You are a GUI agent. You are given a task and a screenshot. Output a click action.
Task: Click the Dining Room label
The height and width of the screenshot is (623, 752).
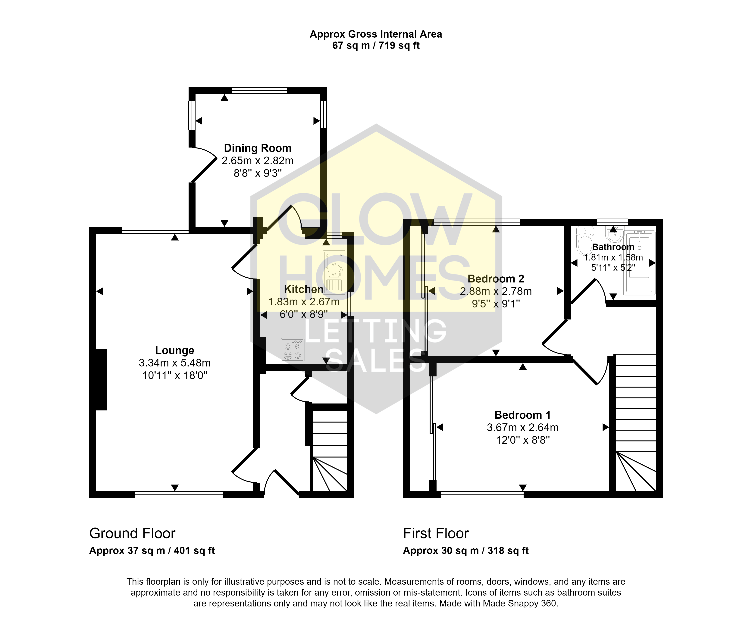[258, 148]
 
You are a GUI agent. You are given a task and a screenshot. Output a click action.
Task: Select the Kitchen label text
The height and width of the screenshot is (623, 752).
[304, 289]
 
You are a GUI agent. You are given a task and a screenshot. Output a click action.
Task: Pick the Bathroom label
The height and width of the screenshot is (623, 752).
[613, 247]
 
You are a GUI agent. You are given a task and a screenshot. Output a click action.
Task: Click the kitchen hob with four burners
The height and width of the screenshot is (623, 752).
[293, 350]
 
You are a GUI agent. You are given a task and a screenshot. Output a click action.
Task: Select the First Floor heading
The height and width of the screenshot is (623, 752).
[436, 534]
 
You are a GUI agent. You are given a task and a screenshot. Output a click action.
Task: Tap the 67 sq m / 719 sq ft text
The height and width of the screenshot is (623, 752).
[376, 45]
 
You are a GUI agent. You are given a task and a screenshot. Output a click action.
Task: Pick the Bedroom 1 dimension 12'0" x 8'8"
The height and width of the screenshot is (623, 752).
[523, 440]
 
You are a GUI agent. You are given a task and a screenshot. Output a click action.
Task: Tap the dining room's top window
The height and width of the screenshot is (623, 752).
[260, 91]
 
